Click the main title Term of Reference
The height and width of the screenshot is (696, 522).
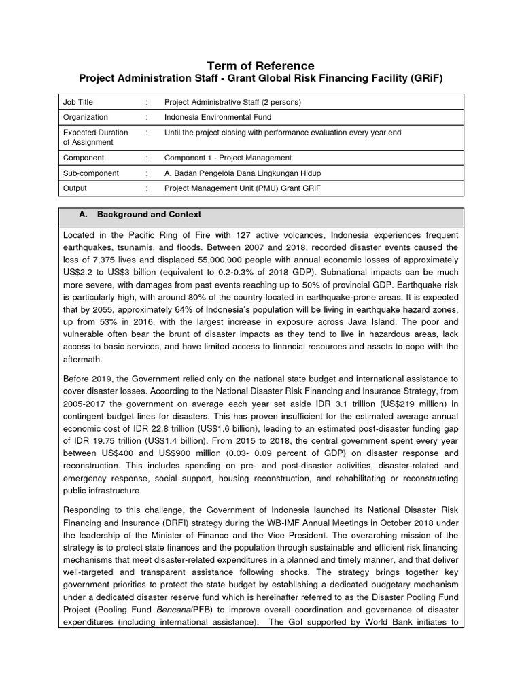(261, 65)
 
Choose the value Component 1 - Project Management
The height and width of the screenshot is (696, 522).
(228, 158)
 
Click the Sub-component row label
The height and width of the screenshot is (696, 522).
(91, 173)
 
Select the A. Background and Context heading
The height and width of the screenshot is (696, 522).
(149, 215)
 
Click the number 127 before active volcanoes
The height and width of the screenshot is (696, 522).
(221, 235)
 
